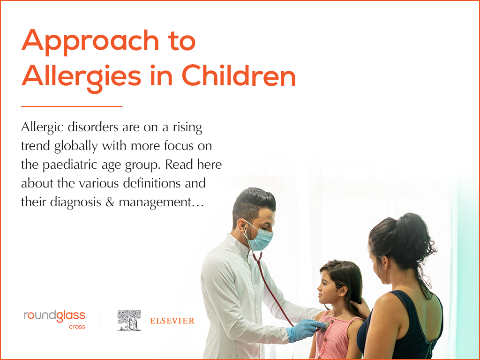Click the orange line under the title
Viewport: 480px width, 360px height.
(72, 106)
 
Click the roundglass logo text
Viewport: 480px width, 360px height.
(55, 316)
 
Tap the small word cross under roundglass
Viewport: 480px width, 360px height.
(77, 327)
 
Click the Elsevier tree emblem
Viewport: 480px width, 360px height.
(129, 320)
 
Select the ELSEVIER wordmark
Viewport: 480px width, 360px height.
(172, 321)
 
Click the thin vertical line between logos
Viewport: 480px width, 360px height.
(100, 320)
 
